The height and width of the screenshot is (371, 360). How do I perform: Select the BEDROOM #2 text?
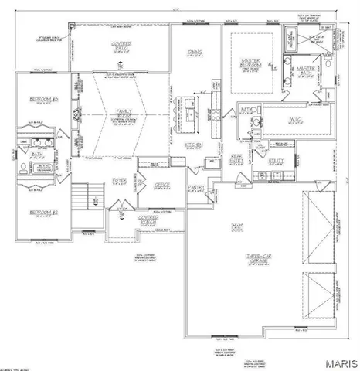(40, 213)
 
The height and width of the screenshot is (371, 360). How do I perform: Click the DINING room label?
(195, 53)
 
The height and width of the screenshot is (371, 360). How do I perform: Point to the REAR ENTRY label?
(239, 158)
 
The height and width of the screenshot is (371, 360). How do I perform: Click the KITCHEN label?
(192, 145)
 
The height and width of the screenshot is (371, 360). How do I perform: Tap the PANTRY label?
(195, 187)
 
